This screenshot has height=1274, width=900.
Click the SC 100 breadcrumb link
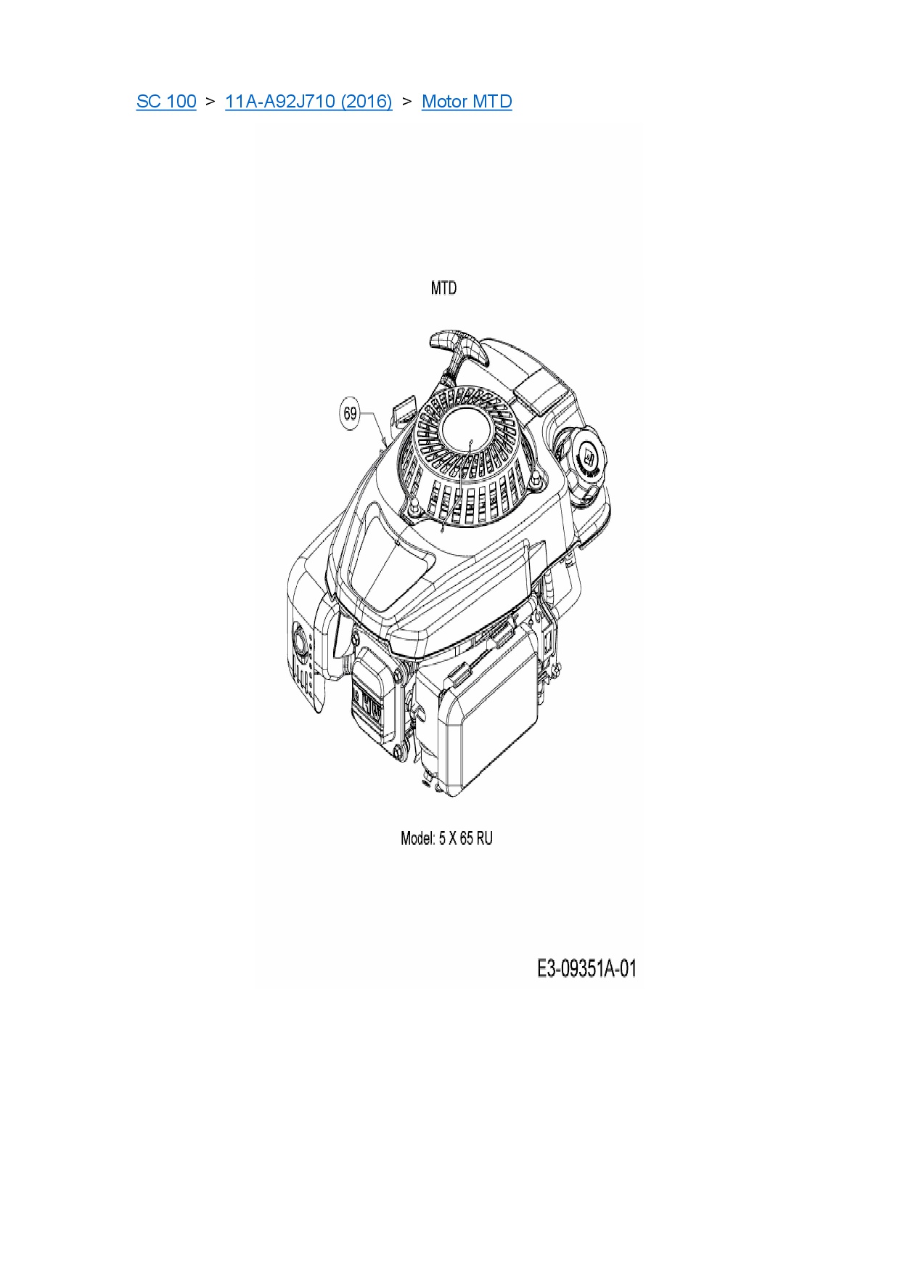[166, 101]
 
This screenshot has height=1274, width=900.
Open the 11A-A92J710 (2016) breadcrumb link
[308, 101]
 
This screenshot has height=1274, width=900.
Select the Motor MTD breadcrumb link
[467, 101]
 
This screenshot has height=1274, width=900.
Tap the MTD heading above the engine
[443, 288]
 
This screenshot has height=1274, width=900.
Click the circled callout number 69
[351, 413]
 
